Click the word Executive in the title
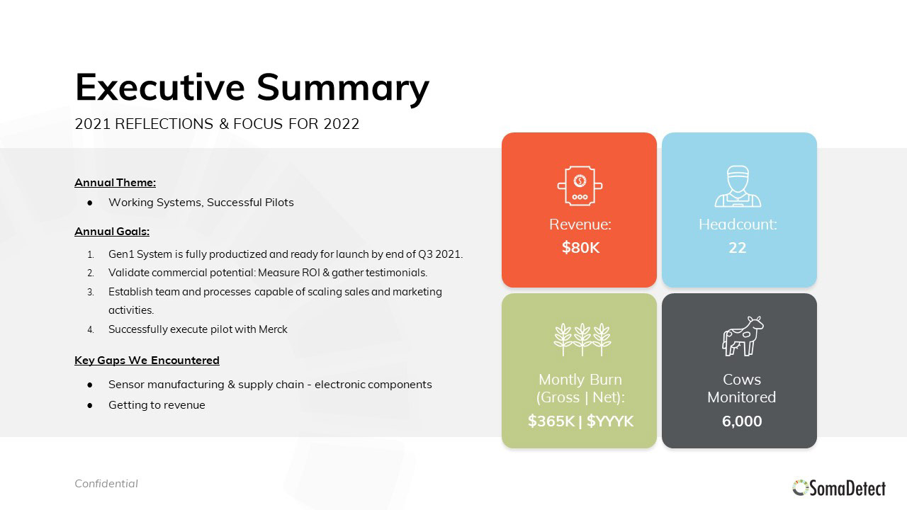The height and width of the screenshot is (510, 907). point(160,87)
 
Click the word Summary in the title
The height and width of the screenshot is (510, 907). point(343,89)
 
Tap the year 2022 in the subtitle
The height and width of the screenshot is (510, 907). point(342,124)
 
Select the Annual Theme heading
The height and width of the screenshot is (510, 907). point(115,183)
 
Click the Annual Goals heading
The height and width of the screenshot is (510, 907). point(112,232)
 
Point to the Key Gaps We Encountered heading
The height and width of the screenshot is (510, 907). point(147,361)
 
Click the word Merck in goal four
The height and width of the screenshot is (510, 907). point(273,329)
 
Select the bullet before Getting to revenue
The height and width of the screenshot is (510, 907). point(90,406)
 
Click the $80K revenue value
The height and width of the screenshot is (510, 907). point(580,247)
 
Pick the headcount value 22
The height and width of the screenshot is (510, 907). point(737,248)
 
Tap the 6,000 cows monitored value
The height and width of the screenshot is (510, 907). point(742,421)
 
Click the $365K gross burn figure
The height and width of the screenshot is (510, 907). point(551,421)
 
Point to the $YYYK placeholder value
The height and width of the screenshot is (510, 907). point(610,421)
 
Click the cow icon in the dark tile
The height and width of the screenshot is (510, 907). point(742,336)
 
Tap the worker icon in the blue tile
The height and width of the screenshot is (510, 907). point(738,186)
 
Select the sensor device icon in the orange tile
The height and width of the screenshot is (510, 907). point(580,186)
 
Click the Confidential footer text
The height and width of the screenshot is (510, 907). point(106,484)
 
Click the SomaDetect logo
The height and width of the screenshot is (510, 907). point(839,488)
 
